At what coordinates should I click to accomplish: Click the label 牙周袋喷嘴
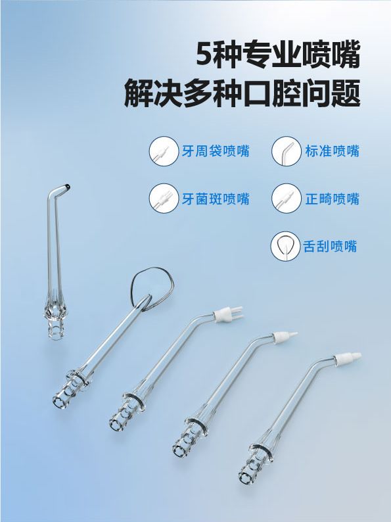click(x=216, y=151)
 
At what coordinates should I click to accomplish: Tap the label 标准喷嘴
click(x=333, y=151)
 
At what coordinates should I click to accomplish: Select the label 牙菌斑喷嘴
click(x=216, y=199)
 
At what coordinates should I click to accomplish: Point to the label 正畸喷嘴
click(x=333, y=199)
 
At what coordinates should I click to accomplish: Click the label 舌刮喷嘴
click(x=330, y=247)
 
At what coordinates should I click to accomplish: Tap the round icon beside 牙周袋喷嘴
click(x=164, y=151)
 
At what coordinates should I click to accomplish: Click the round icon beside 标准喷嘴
click(x=286, y=151)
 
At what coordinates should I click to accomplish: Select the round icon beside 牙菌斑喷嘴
click(x=164, y=199)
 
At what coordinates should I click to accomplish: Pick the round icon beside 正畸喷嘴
click(x=286, y=199)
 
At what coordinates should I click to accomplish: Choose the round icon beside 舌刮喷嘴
click(x=285, y=247)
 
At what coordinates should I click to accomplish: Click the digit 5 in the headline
click(x=204, y=55)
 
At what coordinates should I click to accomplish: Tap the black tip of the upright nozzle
click(x=68, y=187)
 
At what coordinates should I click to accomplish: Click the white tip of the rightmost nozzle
click(x=348, y=359)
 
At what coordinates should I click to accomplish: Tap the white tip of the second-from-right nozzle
click(x=285, y=337)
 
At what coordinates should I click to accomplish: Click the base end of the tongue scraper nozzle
click(x=59, y=402)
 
